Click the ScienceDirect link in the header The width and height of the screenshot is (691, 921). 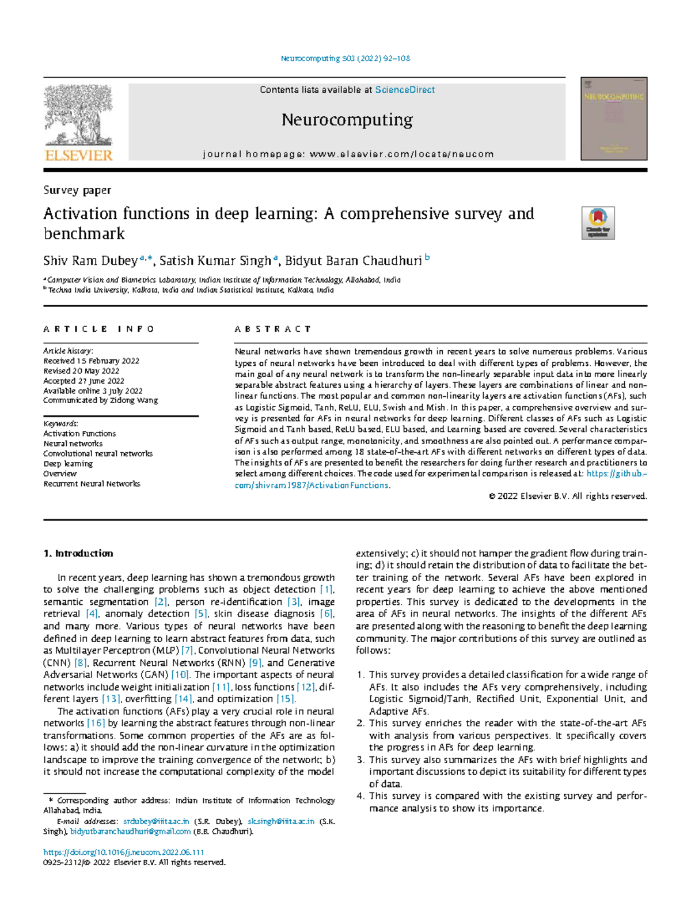coord(405,90)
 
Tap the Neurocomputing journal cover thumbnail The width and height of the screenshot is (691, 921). coord(614,119)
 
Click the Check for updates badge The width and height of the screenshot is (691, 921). coord(598,223)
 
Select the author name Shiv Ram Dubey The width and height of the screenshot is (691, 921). coord(90,261)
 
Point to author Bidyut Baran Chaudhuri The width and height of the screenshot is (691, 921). coord(354,261)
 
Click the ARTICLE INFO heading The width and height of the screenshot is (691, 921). coord(99,329)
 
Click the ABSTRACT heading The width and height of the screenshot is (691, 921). coord(272,329)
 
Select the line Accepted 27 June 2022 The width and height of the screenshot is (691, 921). coord(83,381)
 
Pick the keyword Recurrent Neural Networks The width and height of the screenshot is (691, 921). coord(92,484)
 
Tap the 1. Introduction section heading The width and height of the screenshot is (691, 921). coord(78,554)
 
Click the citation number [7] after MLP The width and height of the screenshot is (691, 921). coord(187,650)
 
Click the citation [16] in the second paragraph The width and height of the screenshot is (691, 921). coord(96,723)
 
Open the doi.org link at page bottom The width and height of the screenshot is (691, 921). coord(124,852)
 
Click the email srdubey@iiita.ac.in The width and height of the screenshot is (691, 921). coord(156,821)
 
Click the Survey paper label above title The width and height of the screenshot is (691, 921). coord(77,190)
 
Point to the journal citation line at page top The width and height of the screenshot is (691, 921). coord(345,58)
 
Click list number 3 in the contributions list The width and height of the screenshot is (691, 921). coord(360,760)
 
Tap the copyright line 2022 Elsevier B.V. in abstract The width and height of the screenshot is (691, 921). coord(568,496)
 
